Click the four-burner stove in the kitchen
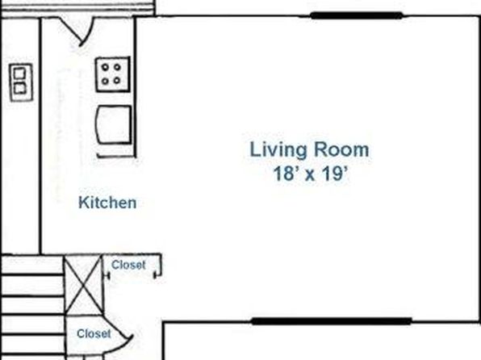coord(112,74)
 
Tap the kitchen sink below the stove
coord(114,124)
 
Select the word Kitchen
coord(107,203)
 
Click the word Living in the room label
coord(278,151)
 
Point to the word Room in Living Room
coord(341,149)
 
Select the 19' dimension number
coord(335,174)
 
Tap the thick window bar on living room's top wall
coord(357,15)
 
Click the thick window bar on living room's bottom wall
coord(332,321)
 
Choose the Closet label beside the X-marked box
coord(128,265)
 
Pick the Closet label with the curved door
coord(94,333)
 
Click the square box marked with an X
coord(83,285)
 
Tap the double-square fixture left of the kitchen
coord(21,82)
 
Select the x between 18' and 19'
coord(310,176)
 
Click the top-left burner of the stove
coord(105,67)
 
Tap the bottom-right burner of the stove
coord(116,81)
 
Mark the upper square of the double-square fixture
coord(20,73)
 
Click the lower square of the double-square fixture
coord(20,89)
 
